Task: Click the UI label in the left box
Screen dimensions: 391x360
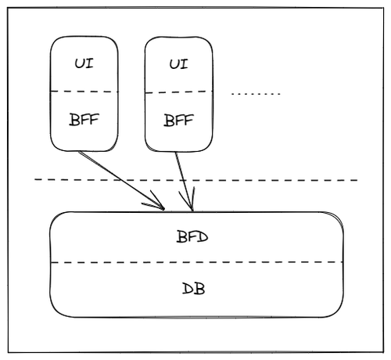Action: coord(84,63)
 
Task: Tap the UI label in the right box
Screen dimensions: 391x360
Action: coord(178,64)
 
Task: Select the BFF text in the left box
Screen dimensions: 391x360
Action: coord(84,120)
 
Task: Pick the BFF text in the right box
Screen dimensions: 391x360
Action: coord(178,121)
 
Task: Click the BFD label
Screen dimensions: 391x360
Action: coord(192,237)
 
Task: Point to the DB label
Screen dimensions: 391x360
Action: coord(193,289)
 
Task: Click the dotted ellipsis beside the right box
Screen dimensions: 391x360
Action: coord(256,94)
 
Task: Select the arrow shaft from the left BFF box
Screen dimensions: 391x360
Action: coord(121,180)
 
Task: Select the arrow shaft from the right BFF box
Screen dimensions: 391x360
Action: coord(184,182)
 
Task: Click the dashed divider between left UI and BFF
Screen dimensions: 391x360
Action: coord(84,92)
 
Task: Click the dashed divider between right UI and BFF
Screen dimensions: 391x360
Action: coord(178,92)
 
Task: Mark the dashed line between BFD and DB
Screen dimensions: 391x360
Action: coord(196,262)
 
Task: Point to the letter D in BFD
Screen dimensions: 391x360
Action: coord(202,237)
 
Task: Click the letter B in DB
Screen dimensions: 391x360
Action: coord(199,289)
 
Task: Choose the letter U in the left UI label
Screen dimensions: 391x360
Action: coord(79,63)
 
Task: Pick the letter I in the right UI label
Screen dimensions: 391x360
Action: coord(184,64)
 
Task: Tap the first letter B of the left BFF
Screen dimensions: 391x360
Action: coord(74,120)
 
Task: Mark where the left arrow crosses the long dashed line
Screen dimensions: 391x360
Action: coord(120,180)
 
